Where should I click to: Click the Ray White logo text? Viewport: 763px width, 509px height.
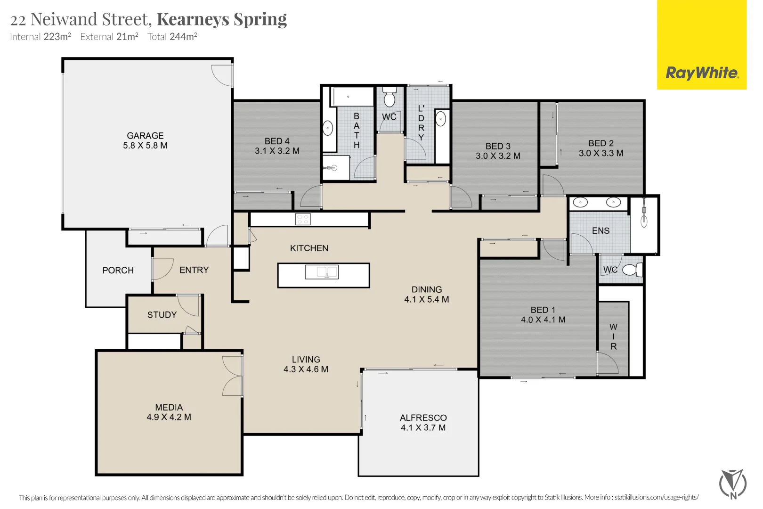(x=702, y=73)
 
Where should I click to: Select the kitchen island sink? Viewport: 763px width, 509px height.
(x=322, y=272)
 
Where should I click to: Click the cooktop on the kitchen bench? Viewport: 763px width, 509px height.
(x=303, y=219)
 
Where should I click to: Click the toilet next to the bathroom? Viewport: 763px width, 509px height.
(x=389, y=98)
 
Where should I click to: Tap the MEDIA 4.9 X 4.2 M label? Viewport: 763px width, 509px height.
(x=169, y=412)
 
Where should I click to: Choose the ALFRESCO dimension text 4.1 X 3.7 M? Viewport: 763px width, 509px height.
(x=423, y=428)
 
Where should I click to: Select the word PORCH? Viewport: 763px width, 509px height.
(x=118, y=271)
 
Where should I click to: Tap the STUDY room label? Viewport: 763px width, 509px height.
(x=162, y=315)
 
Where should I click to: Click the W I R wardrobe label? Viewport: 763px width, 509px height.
(x=613, y=337)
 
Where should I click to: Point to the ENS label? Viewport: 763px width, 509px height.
(x=601, y=231)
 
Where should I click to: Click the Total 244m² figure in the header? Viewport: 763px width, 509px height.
(x=172, y=37)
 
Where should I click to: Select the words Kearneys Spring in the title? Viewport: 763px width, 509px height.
(x=221, y=19)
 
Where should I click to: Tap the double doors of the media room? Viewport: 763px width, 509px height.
(x=233, y=376)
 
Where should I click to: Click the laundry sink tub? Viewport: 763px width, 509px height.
(x=441, y=120)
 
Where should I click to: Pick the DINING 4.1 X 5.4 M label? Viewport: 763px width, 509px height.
(x=426, y=295)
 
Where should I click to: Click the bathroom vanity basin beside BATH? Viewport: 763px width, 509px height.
(x=328, y=128)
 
